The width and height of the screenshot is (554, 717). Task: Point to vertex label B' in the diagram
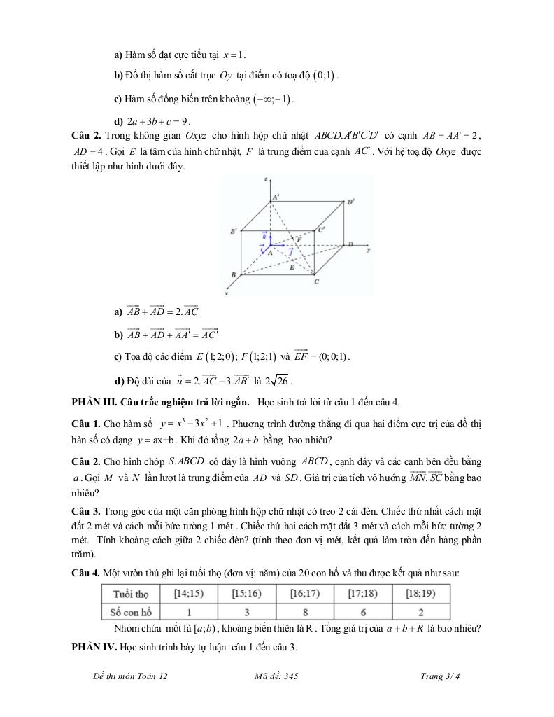click(x=234, y=230)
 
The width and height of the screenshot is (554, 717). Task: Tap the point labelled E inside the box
click(x=292, y=267)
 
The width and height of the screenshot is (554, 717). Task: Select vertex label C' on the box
click(x=321, y=229)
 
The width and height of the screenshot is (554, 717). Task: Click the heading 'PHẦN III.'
click(x=95, y=401)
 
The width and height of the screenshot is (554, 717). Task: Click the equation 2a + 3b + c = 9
click(x=158, y=120)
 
